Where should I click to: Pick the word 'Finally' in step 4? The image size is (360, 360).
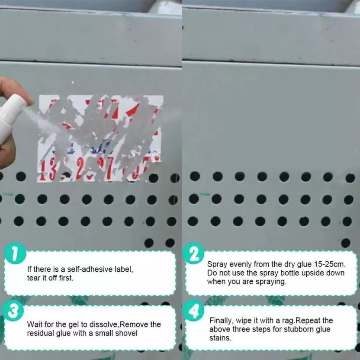220,321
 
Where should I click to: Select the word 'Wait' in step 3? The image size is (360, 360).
35,324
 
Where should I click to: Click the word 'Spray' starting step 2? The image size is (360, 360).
216,264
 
